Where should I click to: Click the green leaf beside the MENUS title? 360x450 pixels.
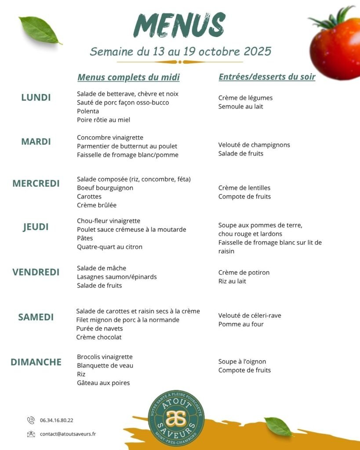[x=40, y=30]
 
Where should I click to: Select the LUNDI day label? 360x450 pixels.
[x=36, y=98]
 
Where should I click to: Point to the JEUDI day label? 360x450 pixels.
[x=36, y=227]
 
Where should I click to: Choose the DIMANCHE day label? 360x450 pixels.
[x=36, y=362]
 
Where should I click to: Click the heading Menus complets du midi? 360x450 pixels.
[x=128, y=77]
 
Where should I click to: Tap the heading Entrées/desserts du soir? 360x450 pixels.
[x=267, y=77]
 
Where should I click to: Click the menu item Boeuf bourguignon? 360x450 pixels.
[x=105, y=188]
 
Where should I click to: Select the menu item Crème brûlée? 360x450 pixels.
[x=97, y=205]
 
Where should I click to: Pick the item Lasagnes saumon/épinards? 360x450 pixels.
[x=117, y=277]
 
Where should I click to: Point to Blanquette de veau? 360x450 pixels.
[x=105, y=366]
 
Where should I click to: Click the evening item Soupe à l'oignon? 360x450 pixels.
[x=242, y=362]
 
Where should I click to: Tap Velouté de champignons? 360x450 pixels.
[x=254, y=145]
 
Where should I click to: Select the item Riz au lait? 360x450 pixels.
[x=232, y=281]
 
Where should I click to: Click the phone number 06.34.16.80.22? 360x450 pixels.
[x=57, y=420]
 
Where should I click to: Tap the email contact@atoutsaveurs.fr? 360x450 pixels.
[x=68, y=434]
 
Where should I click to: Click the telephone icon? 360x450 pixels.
[x=31, y=420]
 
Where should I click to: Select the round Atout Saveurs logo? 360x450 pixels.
[x=176, y=418]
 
